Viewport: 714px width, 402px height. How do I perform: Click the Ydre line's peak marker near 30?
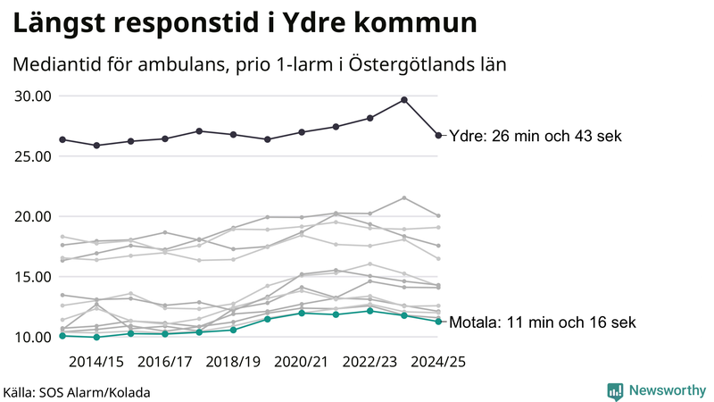click(404, 100)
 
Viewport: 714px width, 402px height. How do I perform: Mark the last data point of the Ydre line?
click(438, 136)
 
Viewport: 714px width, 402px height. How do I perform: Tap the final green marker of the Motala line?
click(438, 322)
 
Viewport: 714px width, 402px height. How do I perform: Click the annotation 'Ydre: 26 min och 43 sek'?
click(535, 137)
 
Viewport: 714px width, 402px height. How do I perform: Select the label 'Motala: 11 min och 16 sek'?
click(543, 322)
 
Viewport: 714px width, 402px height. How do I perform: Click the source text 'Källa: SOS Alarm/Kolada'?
click(77, 392)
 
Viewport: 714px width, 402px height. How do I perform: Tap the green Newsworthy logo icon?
click(615, 390)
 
